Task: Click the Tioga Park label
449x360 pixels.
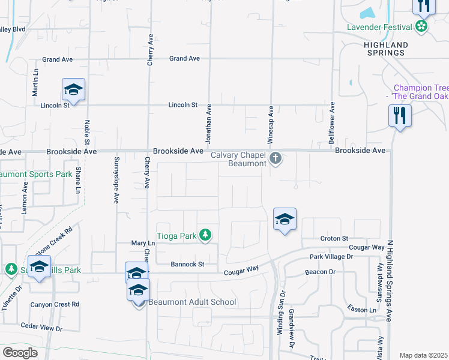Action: pyautogui.click(x=176, y=236)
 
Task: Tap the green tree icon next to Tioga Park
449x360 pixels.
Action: pyautogui.click(x=206, y=235)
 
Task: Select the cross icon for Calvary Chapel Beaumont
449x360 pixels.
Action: pyautogui.click(x=276, y=159)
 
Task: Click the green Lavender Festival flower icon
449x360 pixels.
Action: pyautogui.click(x=422, y=26)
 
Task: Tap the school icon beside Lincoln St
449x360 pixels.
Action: pyautogui.click(x=73, y=90)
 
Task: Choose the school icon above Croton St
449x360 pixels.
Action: pyautogui.click(x=285, y=220)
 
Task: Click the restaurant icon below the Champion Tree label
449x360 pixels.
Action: pyautogui.click(x=400, y=115)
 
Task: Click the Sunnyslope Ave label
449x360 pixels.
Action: pyautogui.click(x=116, y=180)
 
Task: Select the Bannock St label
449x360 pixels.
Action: pyautogui.click(x=187, y=264)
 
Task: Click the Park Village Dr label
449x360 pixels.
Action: pyautogui.click(x=331, y=257)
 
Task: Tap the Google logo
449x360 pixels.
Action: pyautogui.click(x=20, y=353)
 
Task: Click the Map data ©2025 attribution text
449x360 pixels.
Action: pyautogui.click(x=423, y=355)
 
